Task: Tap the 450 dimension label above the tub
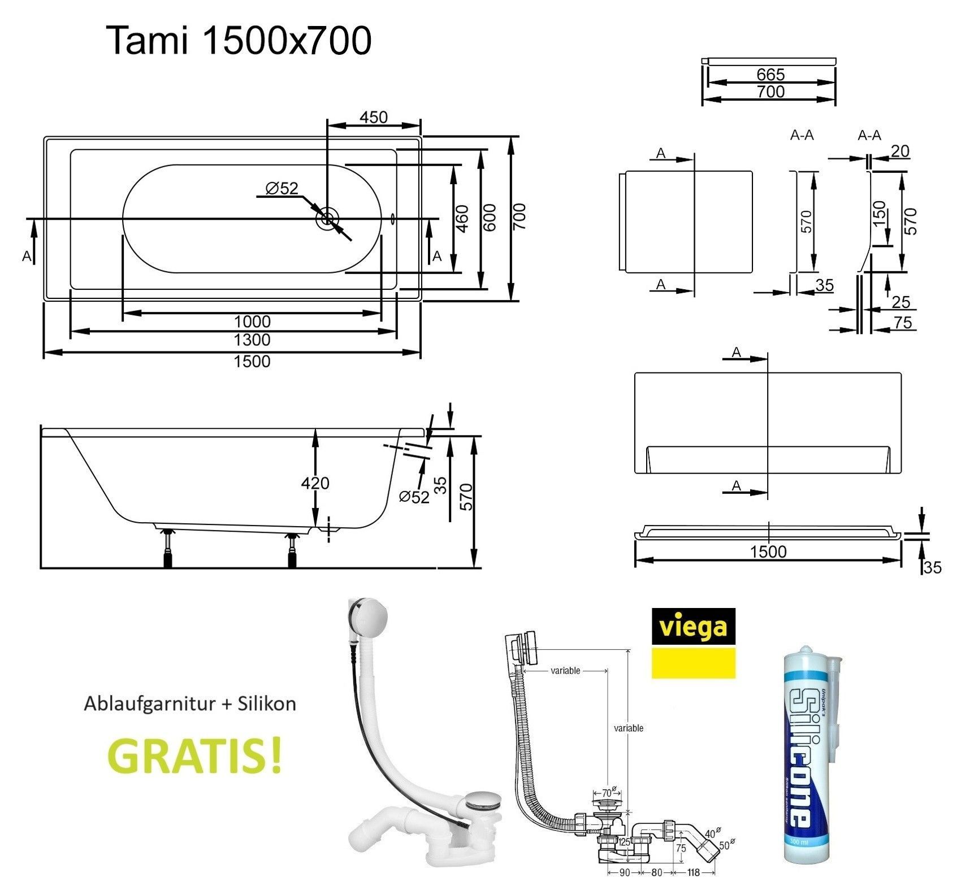pyautogui.click(x=374, y=117)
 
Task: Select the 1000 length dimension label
pyautogui.click(x=252, y=322)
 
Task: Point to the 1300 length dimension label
pyautogui.click(x=252, y=340)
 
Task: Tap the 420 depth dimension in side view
pyautogui.click(x=315, y=483)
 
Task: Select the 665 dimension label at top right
pyautogui.click(x=770, y=75)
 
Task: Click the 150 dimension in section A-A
pyautogui.click(x=880, y=214)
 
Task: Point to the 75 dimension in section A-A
pyautogui.click(x=903, y=323)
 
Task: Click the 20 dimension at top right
pyautogui.click(x=899, y=151)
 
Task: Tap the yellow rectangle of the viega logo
pyautogui.click(x=694, y=663)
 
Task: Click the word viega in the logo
pyautogui.click(x=694, y=627)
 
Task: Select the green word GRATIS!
pyautogui.click(x=194, y=756)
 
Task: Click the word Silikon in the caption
pyautogui.click(x=268, y=703)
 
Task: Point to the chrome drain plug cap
pyautogui.click(x=482, y=800)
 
